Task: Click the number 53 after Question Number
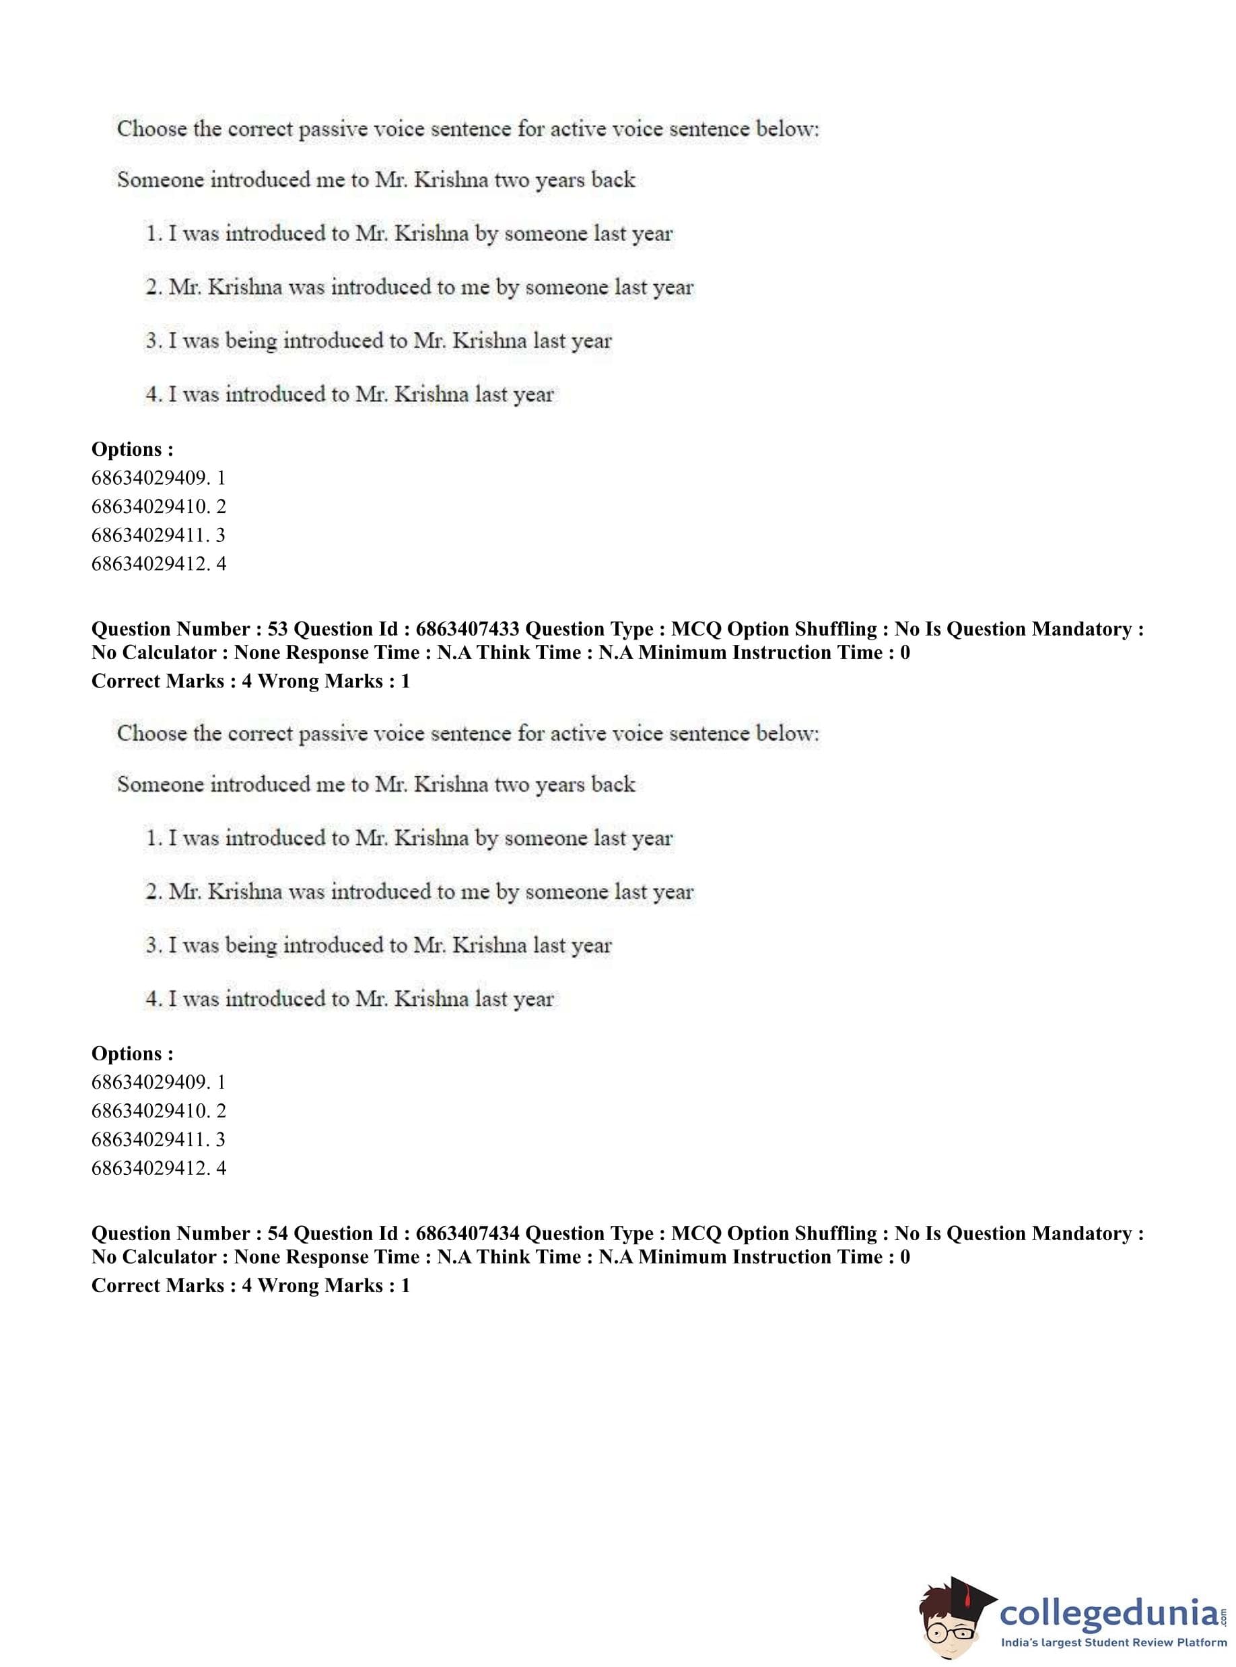[277, 630]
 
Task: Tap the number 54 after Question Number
[277, 1234]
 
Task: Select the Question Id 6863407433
[467, 630]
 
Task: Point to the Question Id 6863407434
[467, 1234]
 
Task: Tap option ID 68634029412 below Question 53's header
[150, 1169]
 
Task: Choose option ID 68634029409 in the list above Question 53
[150, 478]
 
